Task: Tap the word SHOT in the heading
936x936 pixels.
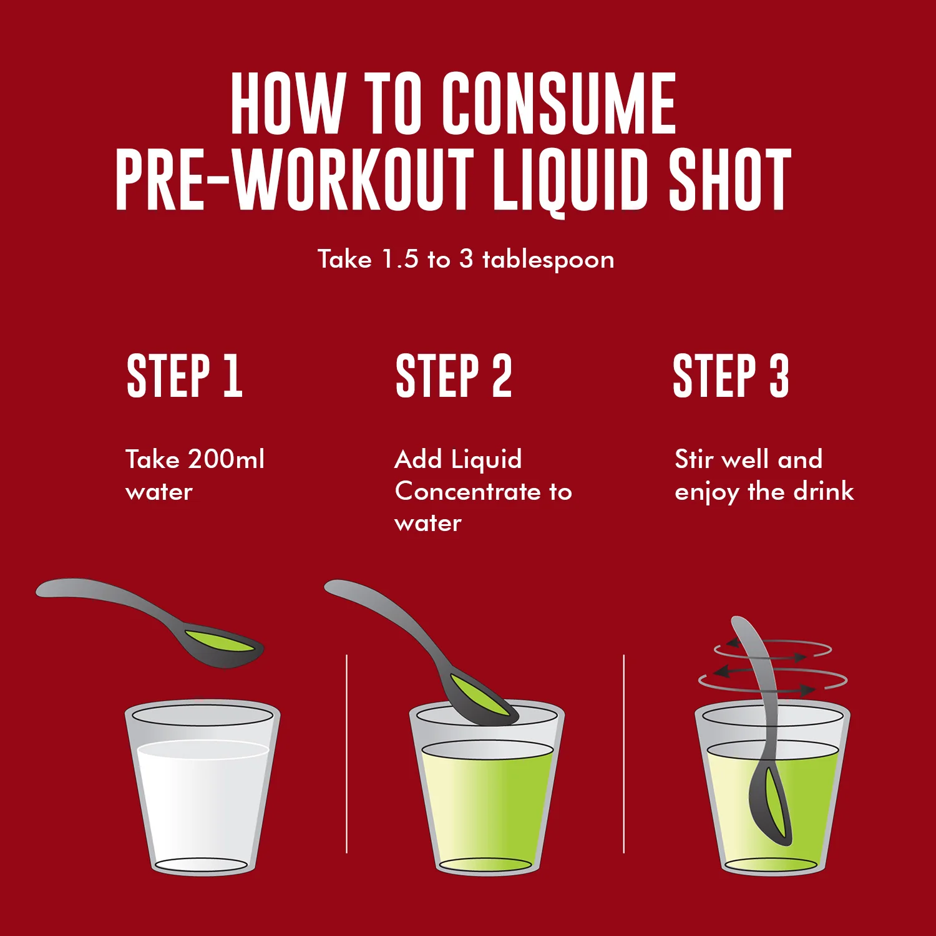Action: [729, 180]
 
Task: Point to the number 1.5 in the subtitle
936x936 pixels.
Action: [400, 259]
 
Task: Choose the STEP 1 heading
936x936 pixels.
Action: [184, 376]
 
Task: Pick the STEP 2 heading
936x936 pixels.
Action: [454, 376]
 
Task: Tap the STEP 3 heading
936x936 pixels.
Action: [731, 376]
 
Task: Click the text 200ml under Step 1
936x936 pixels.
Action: [226, 459]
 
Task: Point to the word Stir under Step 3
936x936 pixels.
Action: [694, 459]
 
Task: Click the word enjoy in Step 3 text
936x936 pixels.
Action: [707, 494]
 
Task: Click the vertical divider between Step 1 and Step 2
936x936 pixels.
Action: [346, 754]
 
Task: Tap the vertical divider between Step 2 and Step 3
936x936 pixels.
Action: [623, 754]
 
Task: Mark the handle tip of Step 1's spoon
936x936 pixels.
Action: [39, 589]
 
